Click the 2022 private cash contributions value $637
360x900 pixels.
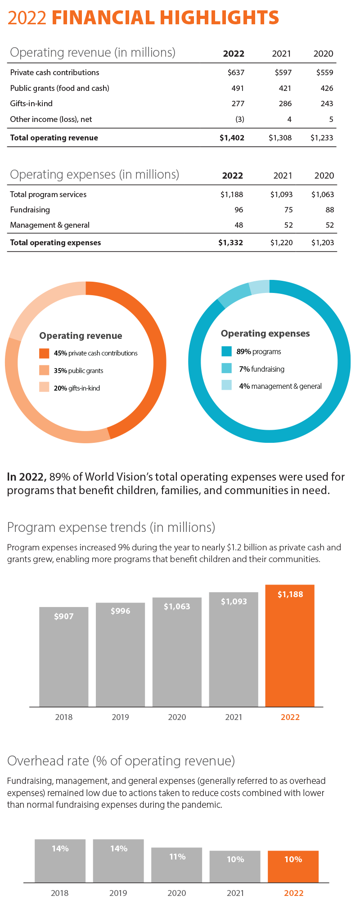tap(236, 72)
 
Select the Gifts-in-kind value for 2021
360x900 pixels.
tap(285, 103)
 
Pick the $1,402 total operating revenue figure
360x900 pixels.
tap(232, 138)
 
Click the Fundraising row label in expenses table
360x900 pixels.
tap(30, 210)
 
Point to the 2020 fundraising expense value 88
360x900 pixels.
tap(329, 210)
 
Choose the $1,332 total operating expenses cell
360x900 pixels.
tap(230, 243)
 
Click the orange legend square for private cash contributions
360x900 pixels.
tap(44, 353)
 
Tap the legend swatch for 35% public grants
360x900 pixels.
tap(44, 370)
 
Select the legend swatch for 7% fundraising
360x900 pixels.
tap(227, 369)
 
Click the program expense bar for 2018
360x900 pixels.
tap(63, 657)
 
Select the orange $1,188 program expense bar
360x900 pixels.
tap(290, 648)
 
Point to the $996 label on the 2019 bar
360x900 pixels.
tap(120, 611)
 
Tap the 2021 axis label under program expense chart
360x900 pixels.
tap(234, 717)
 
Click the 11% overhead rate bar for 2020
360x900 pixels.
tap(176, 865)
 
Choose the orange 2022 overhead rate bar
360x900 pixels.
tap(293, 866)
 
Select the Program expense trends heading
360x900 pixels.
tap(111, 527)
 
